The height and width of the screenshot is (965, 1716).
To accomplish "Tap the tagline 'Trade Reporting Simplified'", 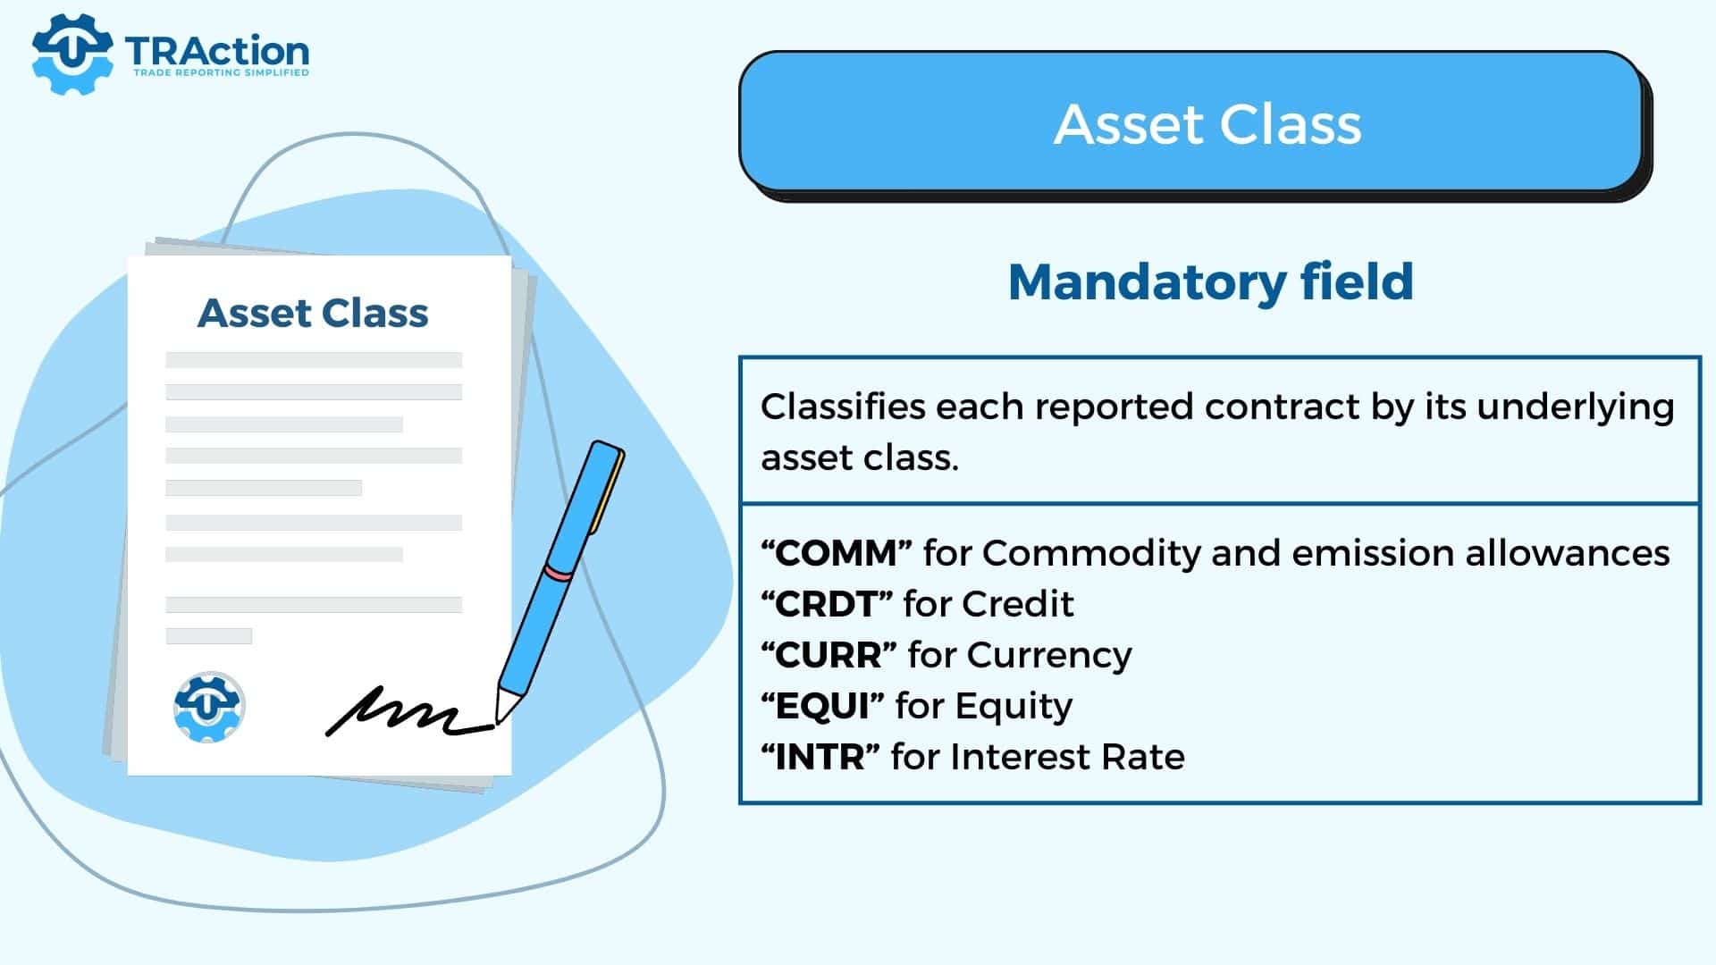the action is coord(221,72).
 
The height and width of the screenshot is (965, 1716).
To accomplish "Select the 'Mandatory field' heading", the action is coord(1211,281).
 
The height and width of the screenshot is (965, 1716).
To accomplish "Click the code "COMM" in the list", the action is coord(836,553).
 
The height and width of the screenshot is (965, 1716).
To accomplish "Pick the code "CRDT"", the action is coord(826,604).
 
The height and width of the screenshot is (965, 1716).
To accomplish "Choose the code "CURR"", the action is coord(829,655).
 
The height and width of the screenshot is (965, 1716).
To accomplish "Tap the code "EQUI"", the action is coord(822,706).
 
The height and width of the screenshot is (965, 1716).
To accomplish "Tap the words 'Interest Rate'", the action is coord(1067,757).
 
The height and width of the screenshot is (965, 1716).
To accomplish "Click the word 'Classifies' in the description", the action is coord(843,407).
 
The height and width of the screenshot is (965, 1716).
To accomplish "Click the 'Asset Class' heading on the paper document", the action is coord(313,313).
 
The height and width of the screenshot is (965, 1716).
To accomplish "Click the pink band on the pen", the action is coord(559,573).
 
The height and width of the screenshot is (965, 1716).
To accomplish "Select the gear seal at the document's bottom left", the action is coord(209,707).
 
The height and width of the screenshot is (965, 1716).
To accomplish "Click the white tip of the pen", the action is coord(506,704).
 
